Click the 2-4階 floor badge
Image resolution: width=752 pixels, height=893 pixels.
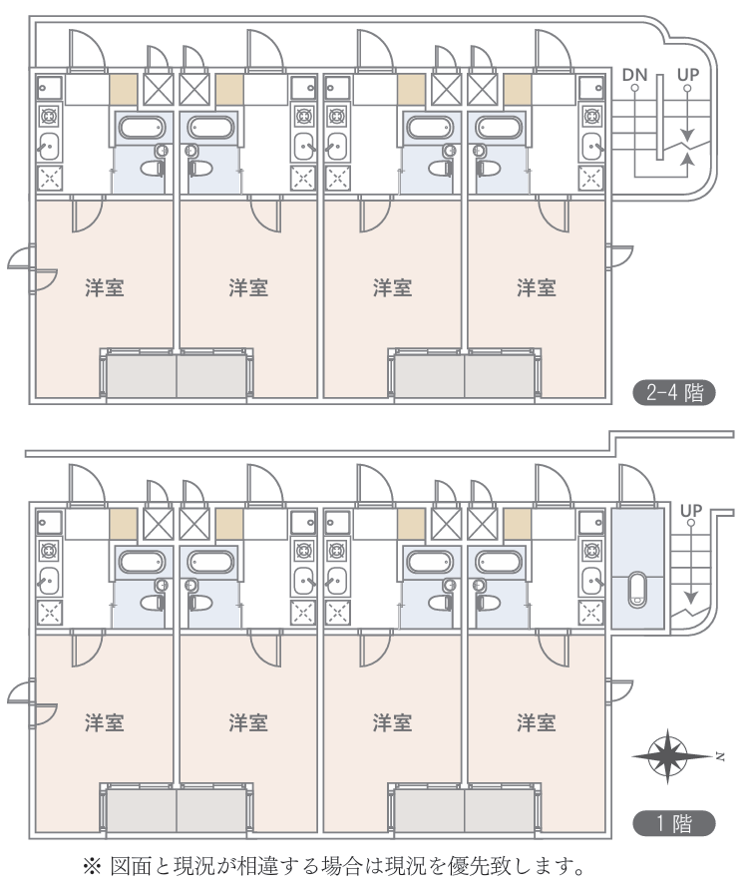pos(674,392)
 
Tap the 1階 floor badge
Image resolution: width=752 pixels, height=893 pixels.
pos(674,824)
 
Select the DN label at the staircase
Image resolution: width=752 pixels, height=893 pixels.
pos(633,75)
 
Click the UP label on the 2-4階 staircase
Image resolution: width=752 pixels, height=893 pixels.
pos(688,75)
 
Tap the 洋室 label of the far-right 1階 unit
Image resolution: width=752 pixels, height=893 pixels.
pos(536,721)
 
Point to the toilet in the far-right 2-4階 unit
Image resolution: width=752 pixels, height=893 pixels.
pos(491,170)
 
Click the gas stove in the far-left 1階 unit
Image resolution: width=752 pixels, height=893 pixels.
pos(48,550)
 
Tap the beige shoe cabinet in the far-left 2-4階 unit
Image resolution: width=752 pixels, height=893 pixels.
pos(123,89)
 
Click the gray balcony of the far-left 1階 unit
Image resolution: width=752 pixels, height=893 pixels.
pos(141,811)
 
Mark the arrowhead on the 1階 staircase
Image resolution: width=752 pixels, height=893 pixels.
pos(690,600)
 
